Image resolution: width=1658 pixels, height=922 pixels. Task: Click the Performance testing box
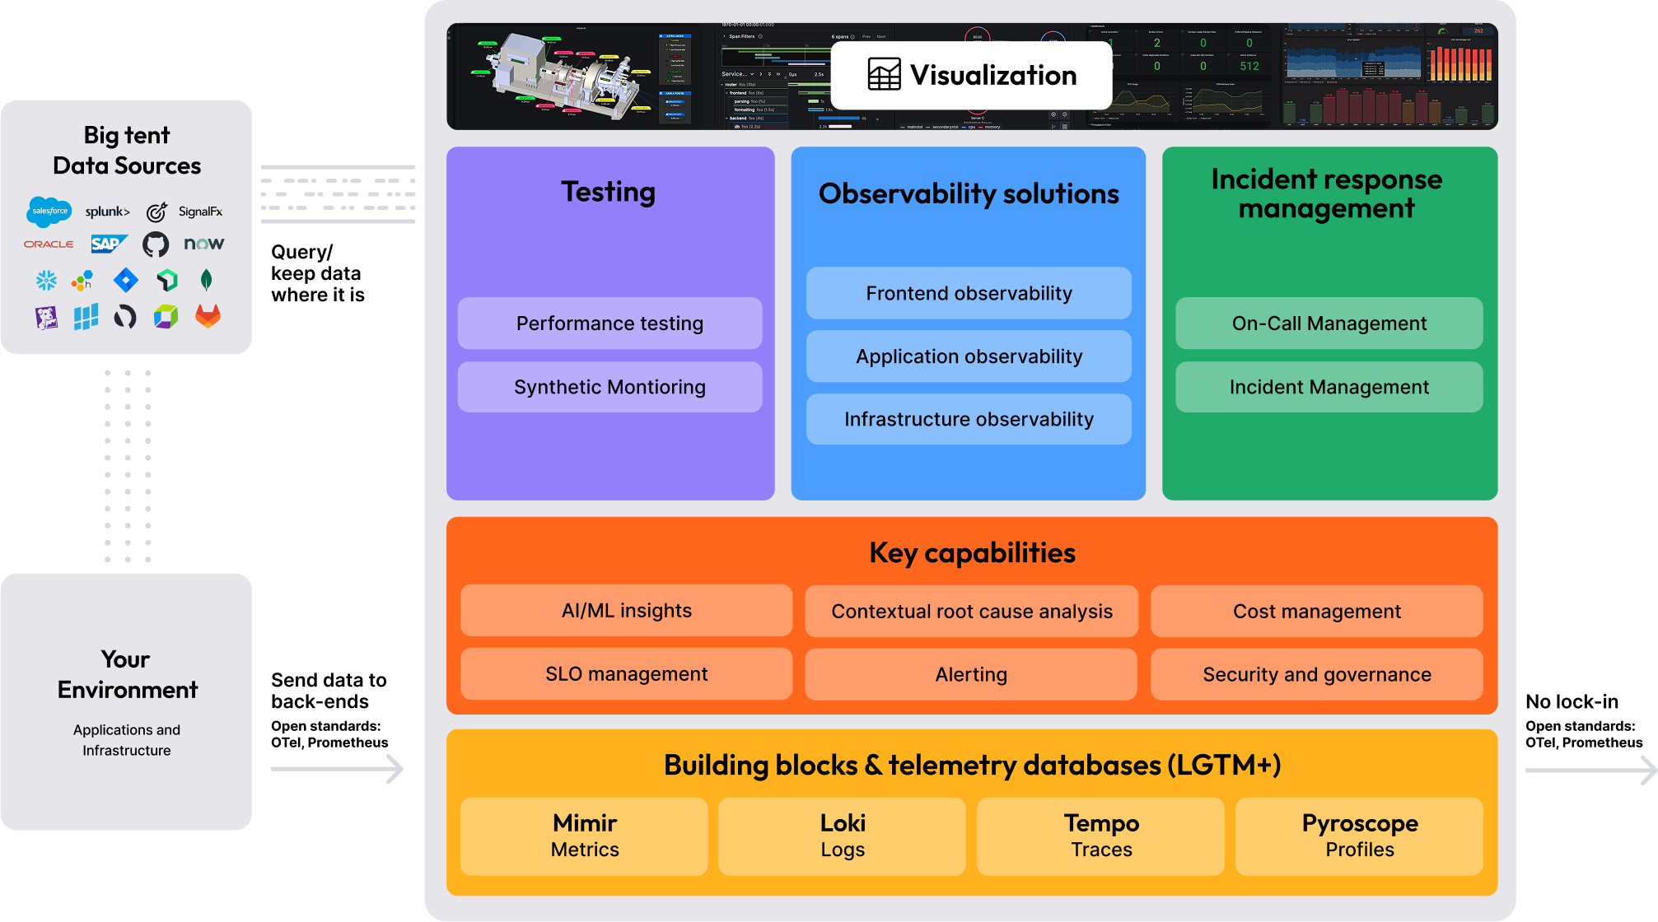(x=609, y=324)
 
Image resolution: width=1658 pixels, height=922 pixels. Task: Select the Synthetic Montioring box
(x=609, y=387)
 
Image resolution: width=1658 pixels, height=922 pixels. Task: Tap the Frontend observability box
(x=969, y=293)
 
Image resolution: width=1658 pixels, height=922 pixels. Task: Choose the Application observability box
(x=969, y=356)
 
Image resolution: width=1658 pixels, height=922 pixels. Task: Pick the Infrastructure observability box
(x=969, y=419)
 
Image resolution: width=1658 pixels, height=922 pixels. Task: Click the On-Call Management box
(x=1329, y=324)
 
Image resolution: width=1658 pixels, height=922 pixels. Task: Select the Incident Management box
(x=1329, y=387)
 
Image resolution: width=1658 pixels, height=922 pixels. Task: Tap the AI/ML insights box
(x=626, y=611)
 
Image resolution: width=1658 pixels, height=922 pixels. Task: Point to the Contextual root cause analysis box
(x=971, y=611)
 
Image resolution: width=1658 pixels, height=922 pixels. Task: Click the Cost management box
(x=1316, y=611)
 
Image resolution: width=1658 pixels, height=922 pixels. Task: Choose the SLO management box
(x=626, y=674)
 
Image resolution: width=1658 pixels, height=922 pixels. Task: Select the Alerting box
(x=971, y=674)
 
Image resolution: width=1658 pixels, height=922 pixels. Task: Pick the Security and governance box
(x=1316, y=674)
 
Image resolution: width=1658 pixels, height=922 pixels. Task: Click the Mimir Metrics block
(x=584, y=836)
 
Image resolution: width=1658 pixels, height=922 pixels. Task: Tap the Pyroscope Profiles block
(x=1359, y=836)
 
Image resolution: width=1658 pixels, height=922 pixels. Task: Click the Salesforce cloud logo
(x=49, y=212)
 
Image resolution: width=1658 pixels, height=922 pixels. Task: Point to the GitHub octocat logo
(x=156, y=244)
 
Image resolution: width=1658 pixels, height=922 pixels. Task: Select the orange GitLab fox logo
(x=208, y=316)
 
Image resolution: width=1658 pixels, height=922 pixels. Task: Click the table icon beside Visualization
(x=884, y=75)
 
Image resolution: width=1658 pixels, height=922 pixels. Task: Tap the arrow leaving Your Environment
(x=338, y=769)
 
